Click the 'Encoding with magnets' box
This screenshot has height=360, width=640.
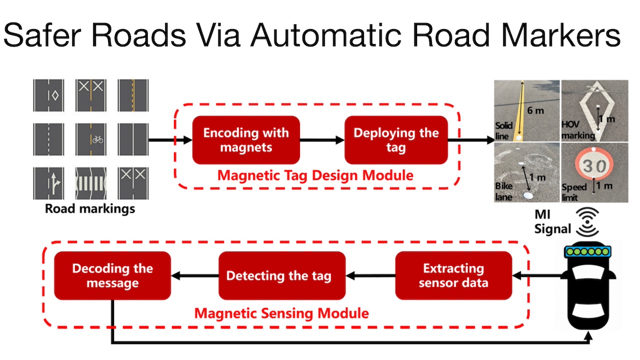245,140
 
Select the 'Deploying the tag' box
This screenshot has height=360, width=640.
396,140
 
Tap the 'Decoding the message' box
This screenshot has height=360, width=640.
112,275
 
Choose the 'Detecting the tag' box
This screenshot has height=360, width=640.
282,275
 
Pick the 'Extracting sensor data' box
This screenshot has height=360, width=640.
453,275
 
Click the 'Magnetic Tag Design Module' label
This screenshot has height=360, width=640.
315,175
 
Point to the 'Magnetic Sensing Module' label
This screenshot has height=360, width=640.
281,313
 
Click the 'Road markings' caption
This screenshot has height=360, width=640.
90,208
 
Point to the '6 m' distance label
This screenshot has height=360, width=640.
536,110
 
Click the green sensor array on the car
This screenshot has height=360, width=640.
587,251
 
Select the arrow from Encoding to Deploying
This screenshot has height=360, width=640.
322,140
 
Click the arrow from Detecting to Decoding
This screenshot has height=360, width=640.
195,275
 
